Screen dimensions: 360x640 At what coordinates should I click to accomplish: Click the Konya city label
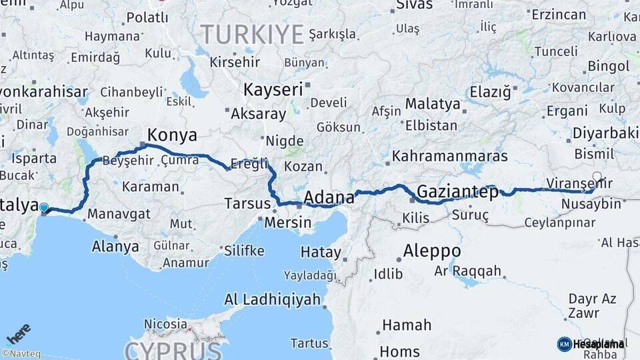tap(172, 135)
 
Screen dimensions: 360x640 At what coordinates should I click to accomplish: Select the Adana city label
tap(329, 197)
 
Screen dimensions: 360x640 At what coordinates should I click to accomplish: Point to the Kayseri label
tap(273, 89)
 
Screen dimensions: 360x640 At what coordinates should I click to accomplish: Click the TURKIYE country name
tap(252, 33)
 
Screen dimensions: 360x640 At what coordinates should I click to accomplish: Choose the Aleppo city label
tap(431, 251)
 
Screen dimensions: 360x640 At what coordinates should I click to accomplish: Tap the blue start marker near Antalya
tap(44, 208)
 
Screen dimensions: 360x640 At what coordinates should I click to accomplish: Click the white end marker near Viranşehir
tap(597, 177)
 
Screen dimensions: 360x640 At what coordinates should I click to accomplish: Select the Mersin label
tap(288, 222)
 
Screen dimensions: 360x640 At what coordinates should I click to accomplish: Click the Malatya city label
tap(433, 104)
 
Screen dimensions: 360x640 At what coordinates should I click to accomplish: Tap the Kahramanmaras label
tap(450, 156)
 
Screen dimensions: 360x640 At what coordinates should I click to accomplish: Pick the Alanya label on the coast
tap(115, 246)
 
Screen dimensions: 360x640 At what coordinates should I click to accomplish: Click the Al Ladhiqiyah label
tap(273, 299)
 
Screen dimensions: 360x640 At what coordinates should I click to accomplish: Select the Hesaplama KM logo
tap(591, 344)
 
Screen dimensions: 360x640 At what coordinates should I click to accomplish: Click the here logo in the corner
tap(19, 333)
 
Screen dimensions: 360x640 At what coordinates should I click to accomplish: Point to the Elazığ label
tap(489, 91)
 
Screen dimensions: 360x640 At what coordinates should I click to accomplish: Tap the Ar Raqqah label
tap(467, 271)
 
